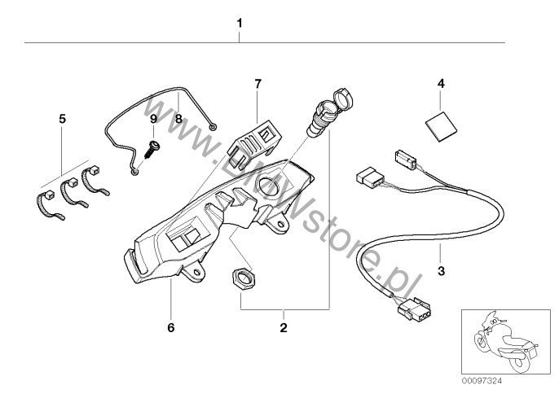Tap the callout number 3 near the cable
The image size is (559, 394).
[x=441, y=270]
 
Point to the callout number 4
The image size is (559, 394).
[x=442, y=84]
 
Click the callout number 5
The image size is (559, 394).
[x=62, y=119]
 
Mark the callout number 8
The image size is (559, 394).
[x=179, y=118]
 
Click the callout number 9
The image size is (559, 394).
[x=152, y=119]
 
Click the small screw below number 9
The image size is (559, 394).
[x=152, y=149]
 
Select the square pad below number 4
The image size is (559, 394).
[x=442, y=126]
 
